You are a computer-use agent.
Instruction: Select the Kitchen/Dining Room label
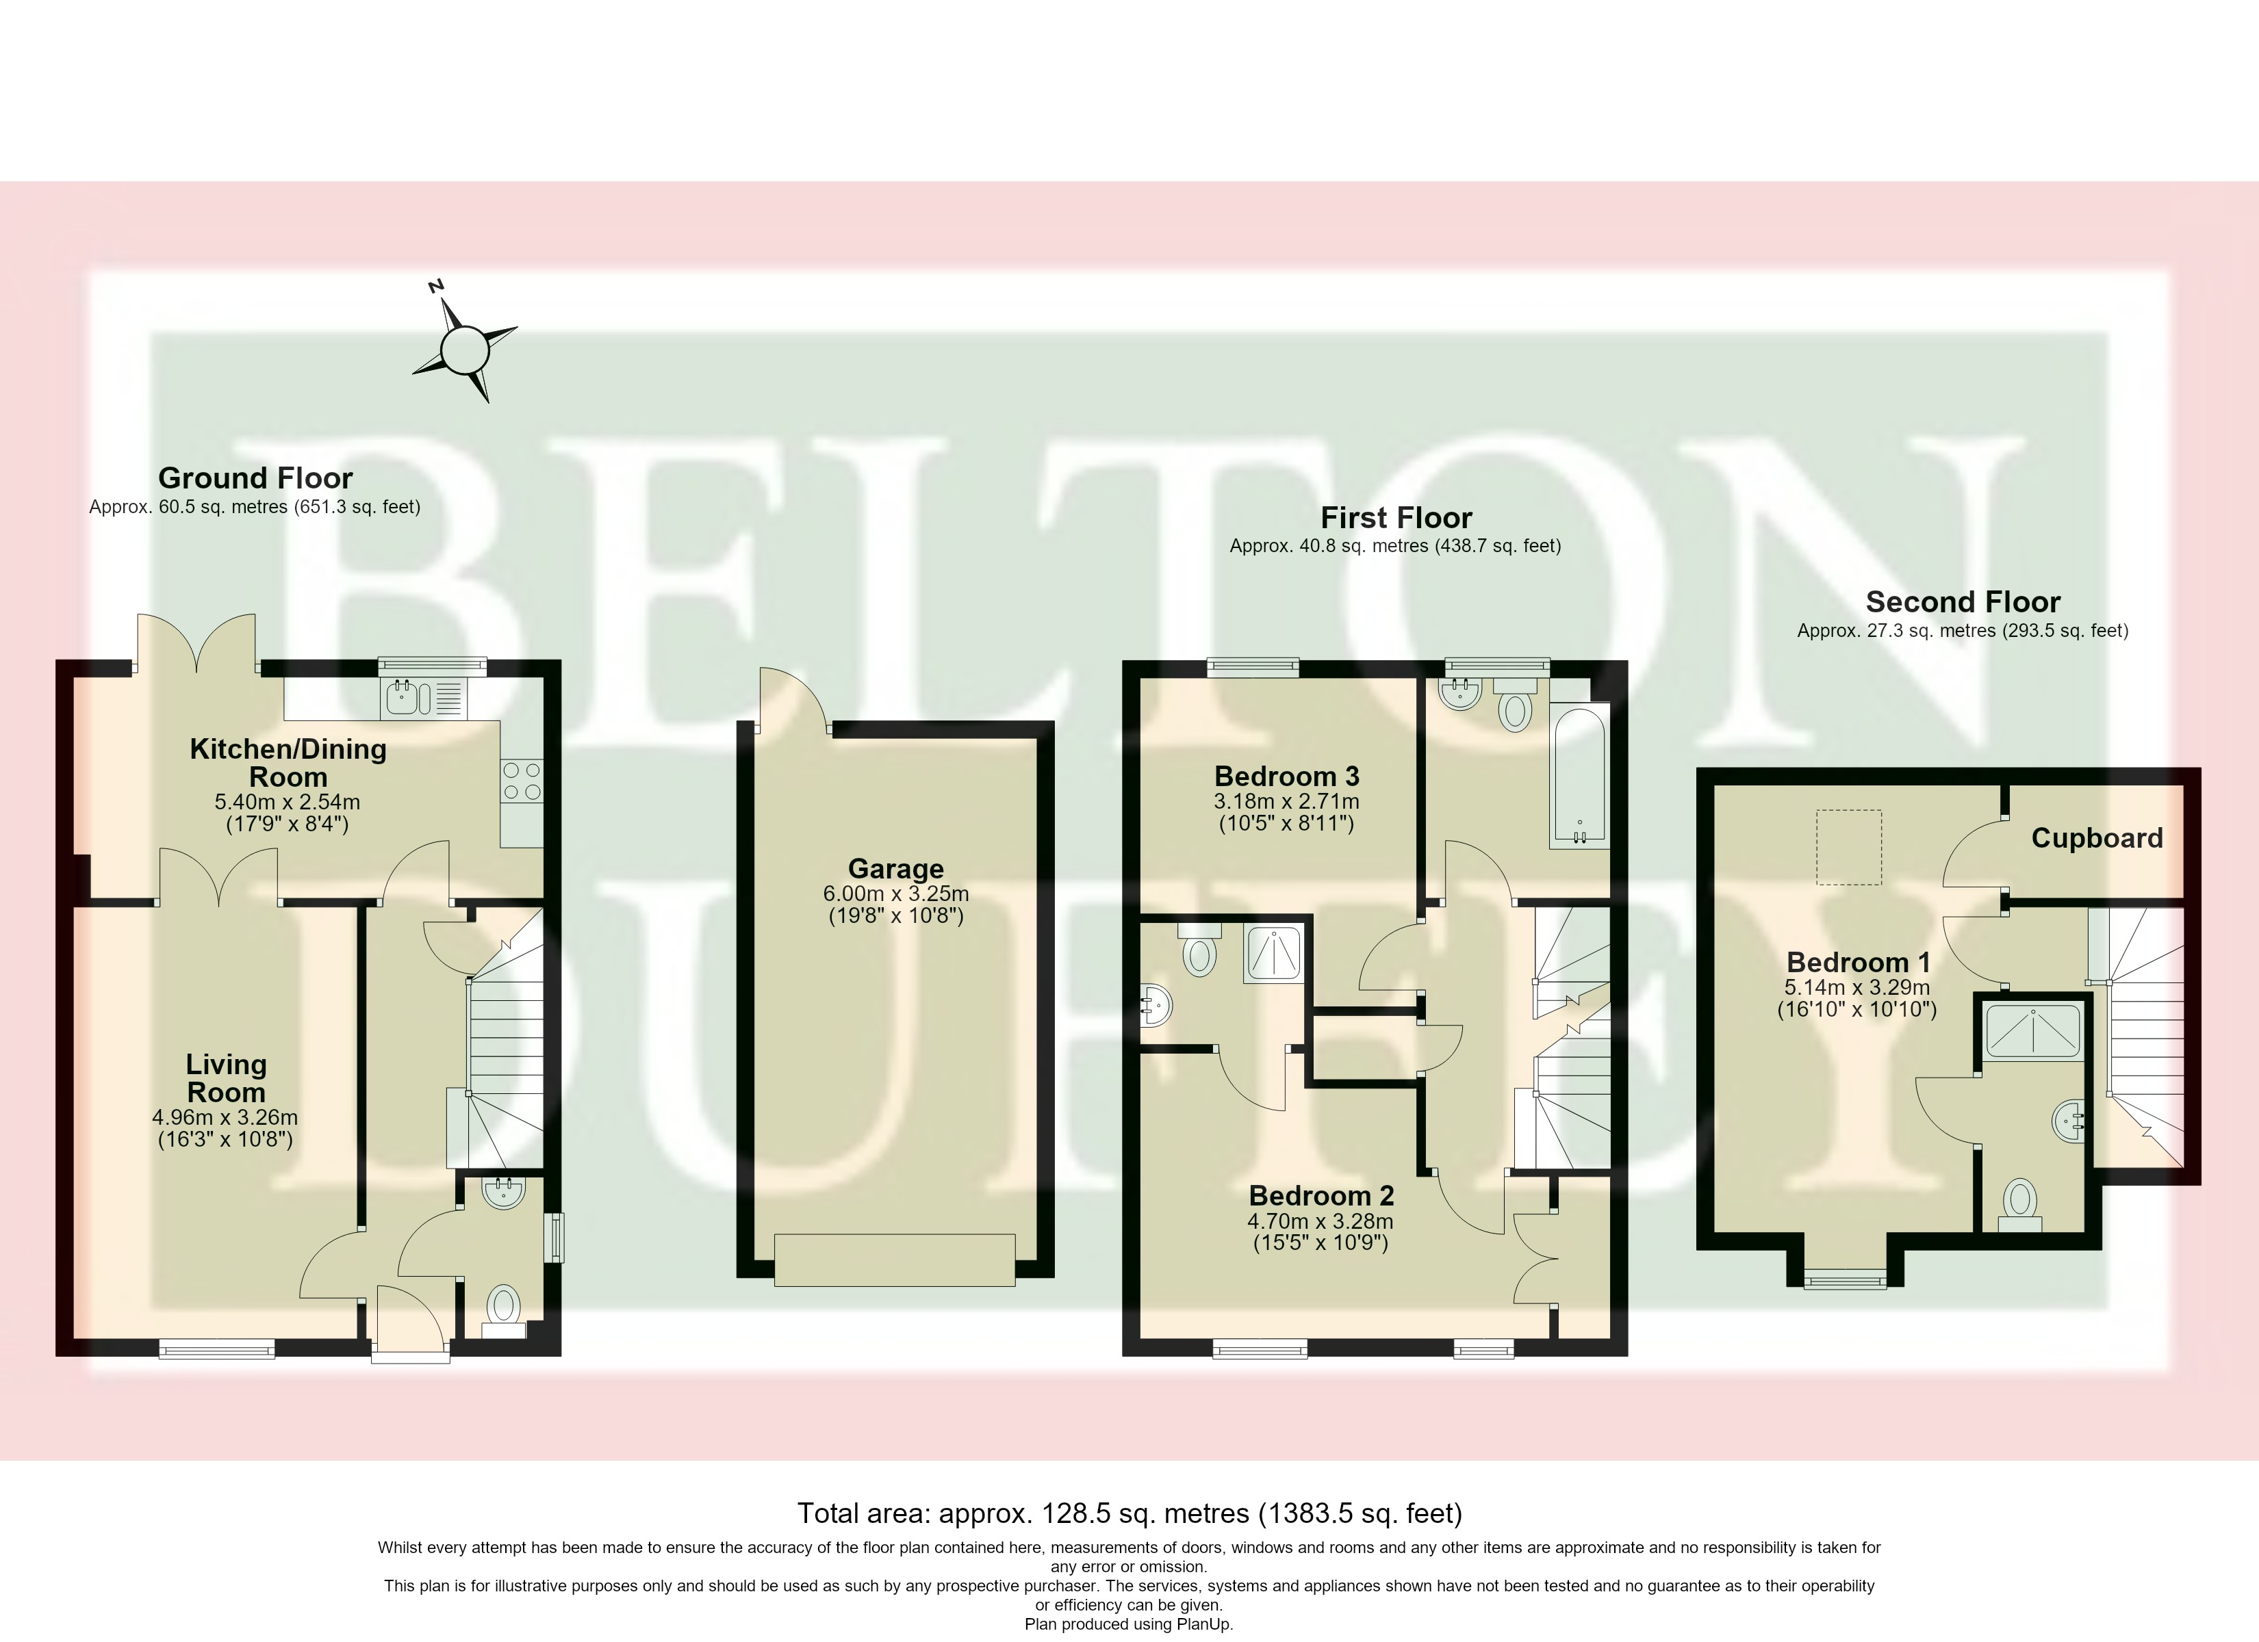(288, 763)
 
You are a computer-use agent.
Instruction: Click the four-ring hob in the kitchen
(522, 780)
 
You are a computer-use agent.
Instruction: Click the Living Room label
(226, 1078)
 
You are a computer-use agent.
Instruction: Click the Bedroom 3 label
(1287, 776)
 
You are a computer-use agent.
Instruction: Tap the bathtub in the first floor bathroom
(1579, 776)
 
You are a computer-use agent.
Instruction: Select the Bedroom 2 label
(1320, 1195)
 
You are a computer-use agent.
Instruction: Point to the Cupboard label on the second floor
(2097, 837)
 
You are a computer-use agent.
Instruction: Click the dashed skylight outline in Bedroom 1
(1849, 846)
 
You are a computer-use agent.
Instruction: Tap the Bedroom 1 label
(1858, 962)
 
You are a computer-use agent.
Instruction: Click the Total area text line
(1129, 1513)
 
